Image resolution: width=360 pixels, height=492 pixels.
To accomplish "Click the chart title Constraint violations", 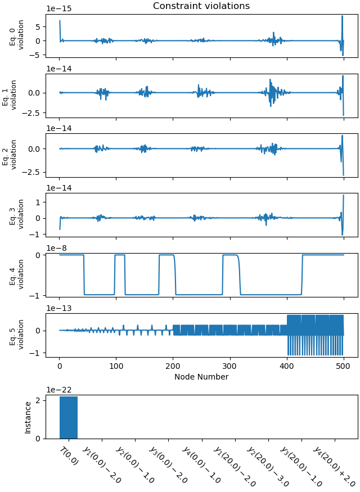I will pos(201,6).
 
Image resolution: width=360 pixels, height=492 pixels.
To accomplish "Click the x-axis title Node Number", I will pos(201,377).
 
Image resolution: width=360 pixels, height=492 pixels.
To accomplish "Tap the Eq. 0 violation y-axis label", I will pos(17,35).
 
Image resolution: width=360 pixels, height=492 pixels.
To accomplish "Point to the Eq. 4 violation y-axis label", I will pos(17,274).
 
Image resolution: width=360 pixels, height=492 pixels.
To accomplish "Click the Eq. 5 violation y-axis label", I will pos(17,335).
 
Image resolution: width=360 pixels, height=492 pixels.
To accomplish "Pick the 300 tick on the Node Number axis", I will pos(173,366).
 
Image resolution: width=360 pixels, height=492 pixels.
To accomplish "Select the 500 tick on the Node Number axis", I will pos(287,366).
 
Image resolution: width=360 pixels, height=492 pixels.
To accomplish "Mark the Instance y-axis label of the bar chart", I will pos(28,417).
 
